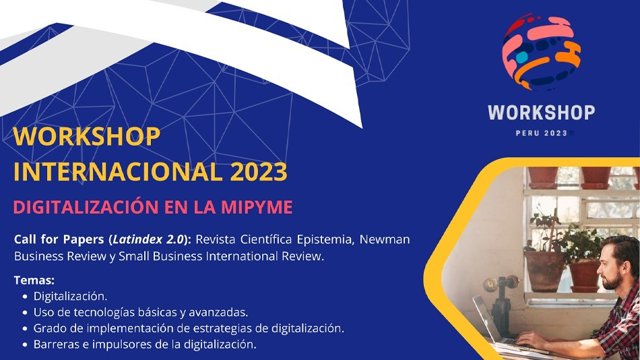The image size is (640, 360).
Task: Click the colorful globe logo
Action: pos(541,53)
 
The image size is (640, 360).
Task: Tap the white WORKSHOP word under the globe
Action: pos(541,113)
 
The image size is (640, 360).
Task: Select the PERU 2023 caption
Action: pos(541,133)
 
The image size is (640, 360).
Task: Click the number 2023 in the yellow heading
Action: pos(258,172)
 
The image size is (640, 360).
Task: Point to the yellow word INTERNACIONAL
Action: pos(118,172)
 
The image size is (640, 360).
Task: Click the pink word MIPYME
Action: pos(257,207)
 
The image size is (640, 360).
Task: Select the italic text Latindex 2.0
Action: pos(149,239)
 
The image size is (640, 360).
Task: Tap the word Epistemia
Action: pos(325,239)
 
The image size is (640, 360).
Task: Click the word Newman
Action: pos(384,239)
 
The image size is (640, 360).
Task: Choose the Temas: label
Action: pos(34,280)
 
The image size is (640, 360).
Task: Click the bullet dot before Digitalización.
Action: pos(26,297)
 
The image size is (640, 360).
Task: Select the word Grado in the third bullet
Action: pos(47,329)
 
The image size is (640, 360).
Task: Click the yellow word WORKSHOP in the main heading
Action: pos(87,137)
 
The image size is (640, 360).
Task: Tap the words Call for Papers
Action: pos(59,240)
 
